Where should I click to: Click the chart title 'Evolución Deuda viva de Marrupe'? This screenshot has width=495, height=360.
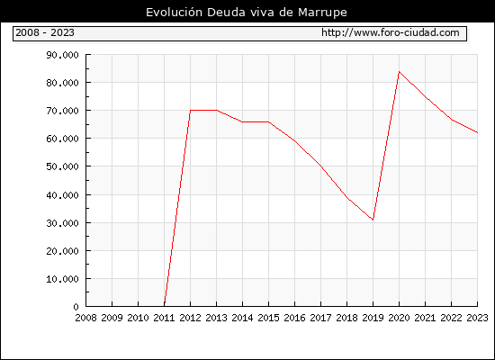(x=247, y=13)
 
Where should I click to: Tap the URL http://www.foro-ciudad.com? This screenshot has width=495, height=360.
(x=391, y=32)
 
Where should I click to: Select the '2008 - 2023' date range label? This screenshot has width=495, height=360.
(x=45, y=32)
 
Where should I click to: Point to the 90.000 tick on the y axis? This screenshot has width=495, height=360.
(x=62, y=55)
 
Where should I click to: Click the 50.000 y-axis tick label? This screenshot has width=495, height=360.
(x=62, y=166)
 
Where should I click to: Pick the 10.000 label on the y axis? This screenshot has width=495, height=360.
(x=62, y=279)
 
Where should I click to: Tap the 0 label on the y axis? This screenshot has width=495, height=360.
(x=76, y=307)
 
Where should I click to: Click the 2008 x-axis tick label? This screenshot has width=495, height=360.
(x=85, y=318)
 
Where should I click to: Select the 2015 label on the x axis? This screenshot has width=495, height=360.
(x=269, y=318)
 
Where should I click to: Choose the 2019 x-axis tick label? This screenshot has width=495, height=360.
(x=373, y=318)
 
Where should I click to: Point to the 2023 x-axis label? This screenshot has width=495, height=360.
(x=477, y=318)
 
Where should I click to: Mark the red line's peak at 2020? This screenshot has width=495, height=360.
(x=399, y=72)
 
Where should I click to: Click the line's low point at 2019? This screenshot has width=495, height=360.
(x=373, y=220)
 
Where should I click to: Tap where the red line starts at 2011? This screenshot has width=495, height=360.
(x=164, y=305)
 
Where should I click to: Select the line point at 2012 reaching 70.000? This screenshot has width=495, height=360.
(x=191, y=110)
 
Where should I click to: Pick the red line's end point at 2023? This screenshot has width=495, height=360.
(x=477, y=133)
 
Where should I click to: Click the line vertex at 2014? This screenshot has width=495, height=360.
(x=242, y=121)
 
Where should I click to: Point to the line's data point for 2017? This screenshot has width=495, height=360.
(x=320, y=166)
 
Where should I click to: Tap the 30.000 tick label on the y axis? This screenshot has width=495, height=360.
(x=62, y=223)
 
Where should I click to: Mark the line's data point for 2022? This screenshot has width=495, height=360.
(x=452, y=120)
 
